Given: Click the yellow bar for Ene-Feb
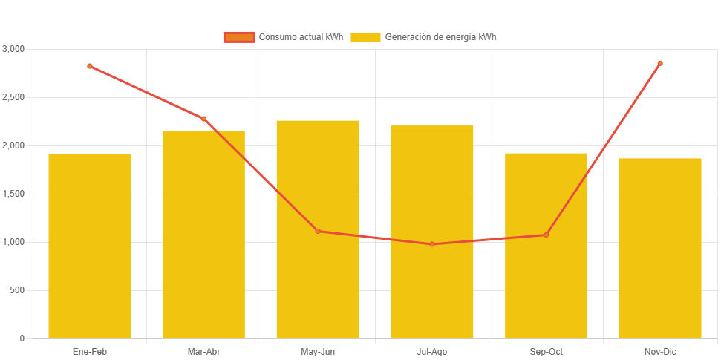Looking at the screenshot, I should [90, 246].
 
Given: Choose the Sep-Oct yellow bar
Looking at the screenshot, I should [546, 246].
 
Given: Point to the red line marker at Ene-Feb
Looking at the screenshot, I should [90, 66].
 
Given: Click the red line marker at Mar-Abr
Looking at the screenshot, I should [203, 119].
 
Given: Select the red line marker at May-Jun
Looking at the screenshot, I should [318, 231].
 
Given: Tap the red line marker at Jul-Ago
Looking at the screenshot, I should [432, 244].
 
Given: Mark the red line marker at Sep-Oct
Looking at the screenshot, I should [546, 235].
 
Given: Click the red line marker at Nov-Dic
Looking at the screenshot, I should [660, 63].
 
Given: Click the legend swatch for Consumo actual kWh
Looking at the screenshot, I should [239, 37].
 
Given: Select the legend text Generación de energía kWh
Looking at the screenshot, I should [440, 37].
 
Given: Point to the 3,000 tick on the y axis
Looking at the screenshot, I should [13, 49].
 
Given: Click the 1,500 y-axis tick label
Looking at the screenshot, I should [13, 194].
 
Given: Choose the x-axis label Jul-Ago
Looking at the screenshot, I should [432, 352].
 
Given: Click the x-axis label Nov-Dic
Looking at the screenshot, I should [660, 352].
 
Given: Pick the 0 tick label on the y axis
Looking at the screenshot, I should [22, 338].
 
